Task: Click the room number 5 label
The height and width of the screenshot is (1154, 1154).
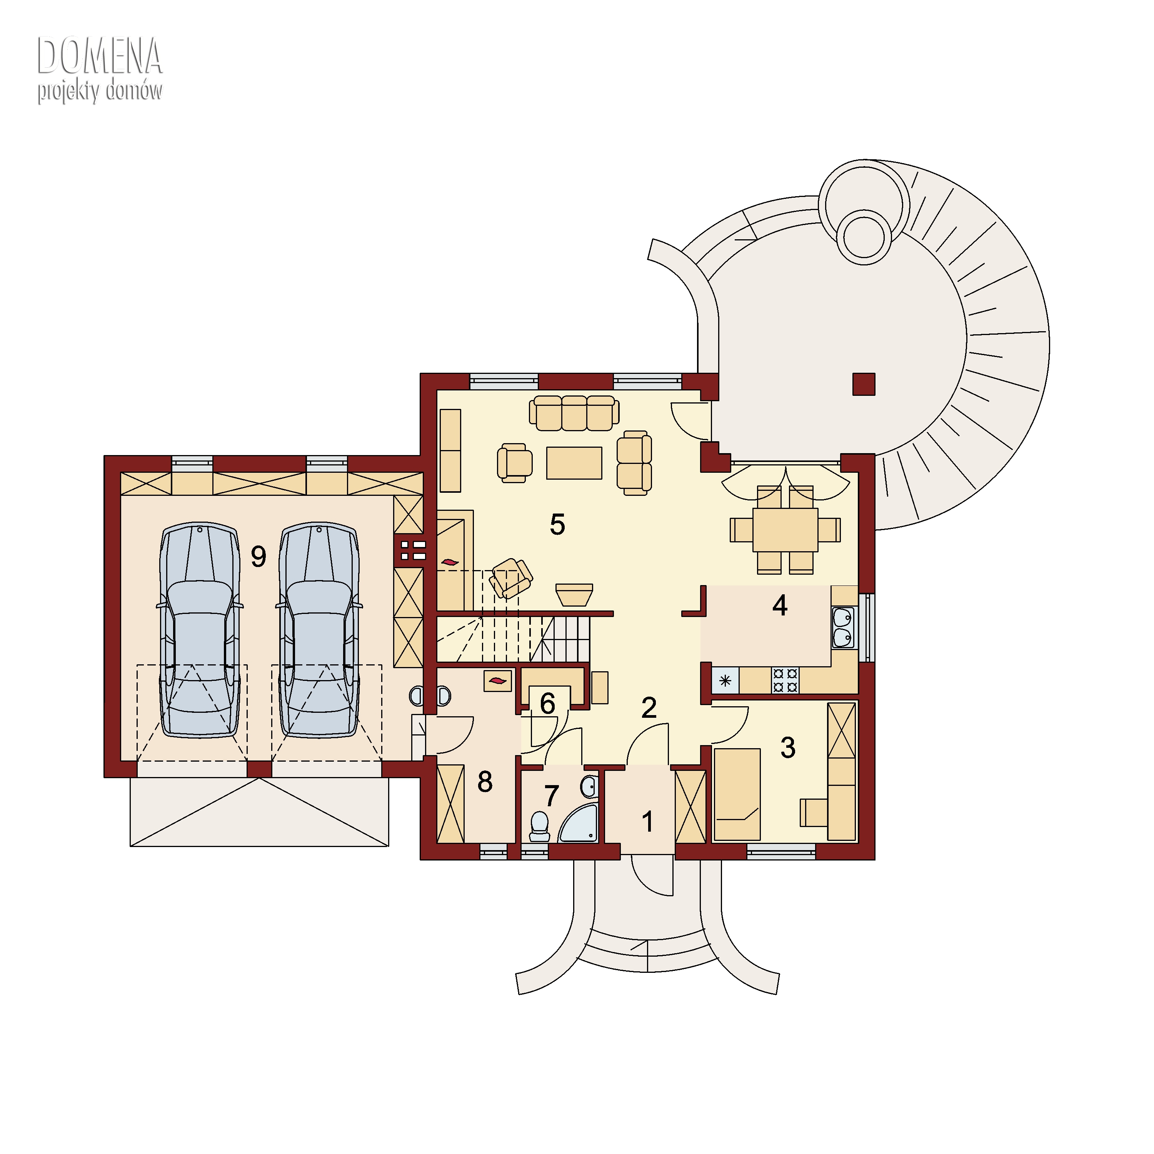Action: (x=557, y=524)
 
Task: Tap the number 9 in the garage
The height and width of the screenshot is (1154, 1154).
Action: (x=258, y=557)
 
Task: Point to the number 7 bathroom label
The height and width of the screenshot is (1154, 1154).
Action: (x=551, y=795)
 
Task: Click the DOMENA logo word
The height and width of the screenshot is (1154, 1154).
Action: (x=100, y=56)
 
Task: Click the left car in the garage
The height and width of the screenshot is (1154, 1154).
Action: (x=200, y=630)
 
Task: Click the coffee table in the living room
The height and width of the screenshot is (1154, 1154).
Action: (x=574, y=463)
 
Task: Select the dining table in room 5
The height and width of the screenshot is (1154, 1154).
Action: (x=785, y=529)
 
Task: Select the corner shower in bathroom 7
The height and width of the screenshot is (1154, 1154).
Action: (x=579, y=824)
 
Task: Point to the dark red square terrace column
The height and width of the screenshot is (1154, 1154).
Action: (x=864, y=384)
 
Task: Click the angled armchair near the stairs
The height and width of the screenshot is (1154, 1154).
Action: (x=511, y=578)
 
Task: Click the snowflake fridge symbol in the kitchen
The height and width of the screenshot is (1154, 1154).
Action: (x=725, y=680)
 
